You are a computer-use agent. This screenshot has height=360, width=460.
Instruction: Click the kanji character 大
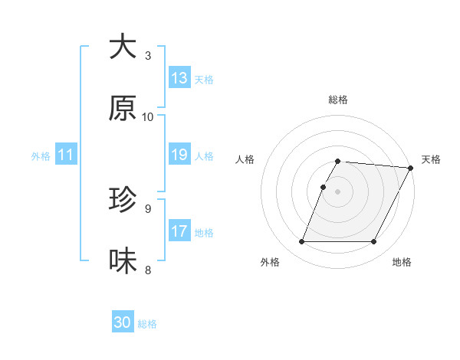[123, 47]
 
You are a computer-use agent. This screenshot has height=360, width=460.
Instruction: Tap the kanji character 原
[123, 108]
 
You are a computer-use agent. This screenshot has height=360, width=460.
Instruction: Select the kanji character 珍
[123, 200]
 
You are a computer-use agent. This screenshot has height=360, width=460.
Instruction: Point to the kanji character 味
[123, 261]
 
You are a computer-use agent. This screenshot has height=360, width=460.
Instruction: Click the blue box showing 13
[179, 78]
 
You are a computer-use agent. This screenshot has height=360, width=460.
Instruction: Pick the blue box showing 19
[179, 155]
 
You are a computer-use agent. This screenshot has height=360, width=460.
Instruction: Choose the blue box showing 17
[179, 231]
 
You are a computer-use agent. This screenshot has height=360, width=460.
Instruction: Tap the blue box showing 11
[66, 155]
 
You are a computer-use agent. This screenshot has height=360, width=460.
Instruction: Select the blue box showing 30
[123, 322]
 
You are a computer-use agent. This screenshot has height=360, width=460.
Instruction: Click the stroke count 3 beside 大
[148, 56]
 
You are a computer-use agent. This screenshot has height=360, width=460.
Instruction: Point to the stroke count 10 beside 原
[148, 117]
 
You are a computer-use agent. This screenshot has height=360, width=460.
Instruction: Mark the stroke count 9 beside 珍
[148, 208]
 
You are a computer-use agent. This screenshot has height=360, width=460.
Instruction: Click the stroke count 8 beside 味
[148, 270]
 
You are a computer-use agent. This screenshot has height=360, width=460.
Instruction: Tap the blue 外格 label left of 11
[41, 155]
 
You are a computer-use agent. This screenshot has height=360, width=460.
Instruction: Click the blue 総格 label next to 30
[147, 324]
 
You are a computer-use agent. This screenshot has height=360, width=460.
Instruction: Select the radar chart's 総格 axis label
[338, 100]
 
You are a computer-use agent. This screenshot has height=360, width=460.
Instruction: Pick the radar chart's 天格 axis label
[431, 159]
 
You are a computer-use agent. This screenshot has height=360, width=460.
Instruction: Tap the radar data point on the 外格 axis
[302, 242]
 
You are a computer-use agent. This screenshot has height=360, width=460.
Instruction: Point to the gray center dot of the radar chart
[338, 191]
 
